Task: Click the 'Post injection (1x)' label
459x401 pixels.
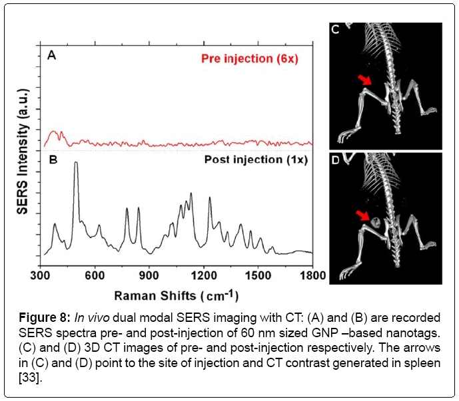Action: tap(256, 160)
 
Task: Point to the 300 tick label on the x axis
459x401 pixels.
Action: tap(41, 273)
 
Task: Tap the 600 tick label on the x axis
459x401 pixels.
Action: tap(95, 273)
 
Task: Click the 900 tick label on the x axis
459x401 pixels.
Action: tap(149, 273)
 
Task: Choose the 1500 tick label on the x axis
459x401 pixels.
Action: tap(256, 273)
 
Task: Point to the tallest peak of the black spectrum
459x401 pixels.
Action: tap(76, 163)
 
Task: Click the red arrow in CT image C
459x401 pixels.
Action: tap(364, 80)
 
